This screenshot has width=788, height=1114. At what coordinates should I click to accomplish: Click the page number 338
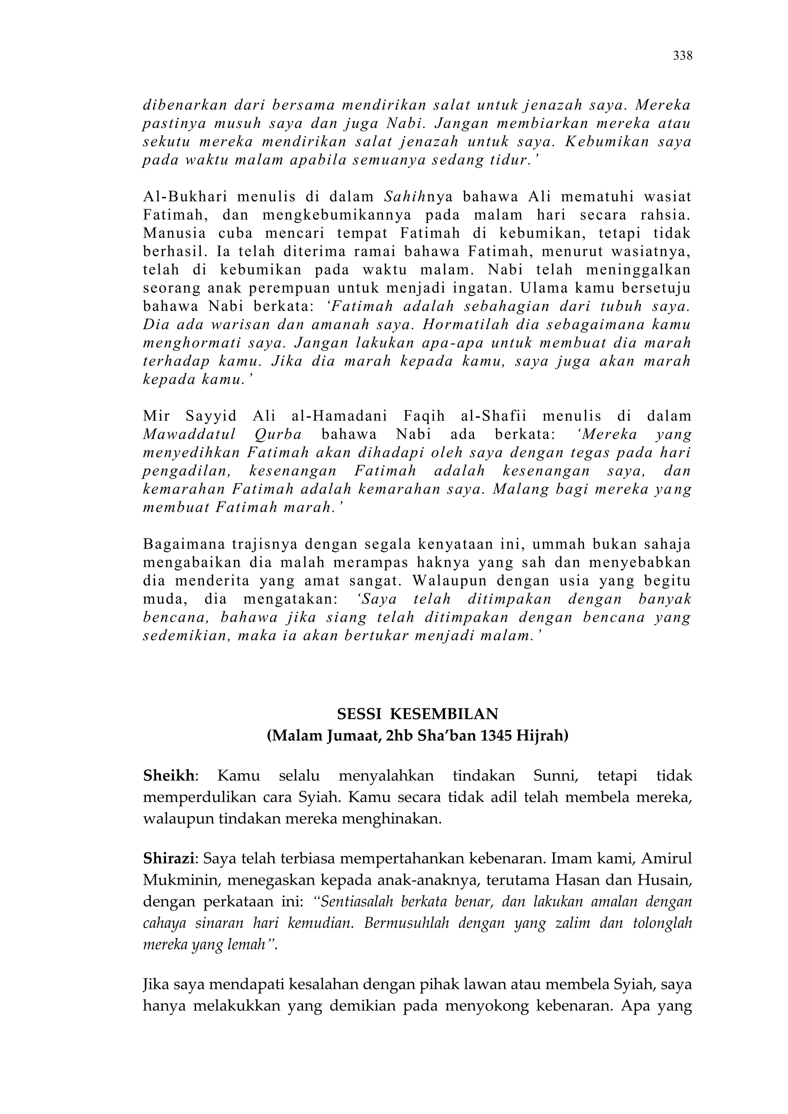(x=682, y=56)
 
